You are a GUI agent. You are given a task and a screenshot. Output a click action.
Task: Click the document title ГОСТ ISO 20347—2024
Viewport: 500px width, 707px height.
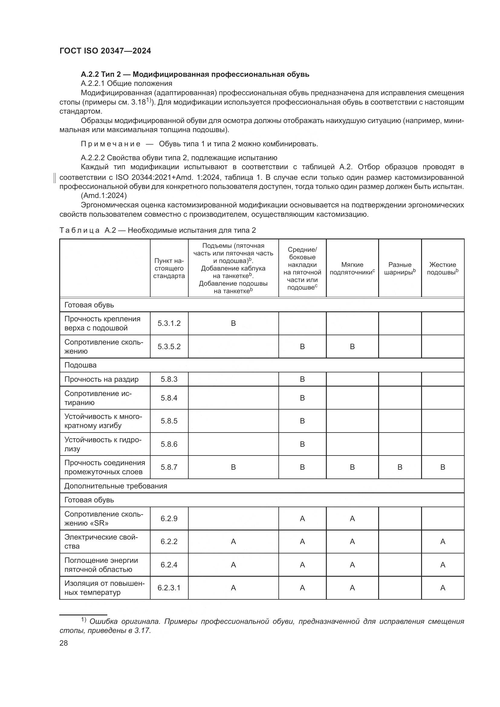point(105,51)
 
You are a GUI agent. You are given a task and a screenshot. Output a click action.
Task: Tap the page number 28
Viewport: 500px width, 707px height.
point(64,643)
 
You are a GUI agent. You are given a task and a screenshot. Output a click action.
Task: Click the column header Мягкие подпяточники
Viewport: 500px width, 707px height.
point(352,268)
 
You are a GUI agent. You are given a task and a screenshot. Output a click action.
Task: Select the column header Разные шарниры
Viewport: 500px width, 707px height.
point(400,268)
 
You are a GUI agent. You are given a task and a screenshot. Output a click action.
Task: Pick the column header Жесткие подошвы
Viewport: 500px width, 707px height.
point(443,268)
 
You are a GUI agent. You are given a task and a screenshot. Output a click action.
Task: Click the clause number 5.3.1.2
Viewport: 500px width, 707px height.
point(169,323)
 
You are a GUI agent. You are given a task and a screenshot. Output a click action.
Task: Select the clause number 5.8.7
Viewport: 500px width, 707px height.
point(169,467)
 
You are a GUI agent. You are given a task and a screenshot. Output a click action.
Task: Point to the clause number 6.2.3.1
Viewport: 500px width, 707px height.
point(169,588)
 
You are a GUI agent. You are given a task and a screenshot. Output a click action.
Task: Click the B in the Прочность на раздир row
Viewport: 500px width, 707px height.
point(302,379)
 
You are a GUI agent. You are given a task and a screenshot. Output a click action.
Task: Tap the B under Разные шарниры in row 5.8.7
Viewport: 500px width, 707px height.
point(400,467)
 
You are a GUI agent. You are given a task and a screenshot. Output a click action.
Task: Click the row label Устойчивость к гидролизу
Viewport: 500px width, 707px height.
point(103,444)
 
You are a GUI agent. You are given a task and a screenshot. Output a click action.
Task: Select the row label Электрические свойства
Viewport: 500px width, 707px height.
point(101,542)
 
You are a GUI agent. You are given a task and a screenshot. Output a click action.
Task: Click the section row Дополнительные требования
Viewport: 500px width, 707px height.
point(115,486)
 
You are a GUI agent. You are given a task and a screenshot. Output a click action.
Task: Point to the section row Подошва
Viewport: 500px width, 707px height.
point(80,365)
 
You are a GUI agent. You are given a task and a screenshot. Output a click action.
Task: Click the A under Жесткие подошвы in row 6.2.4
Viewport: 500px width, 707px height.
point(443,565)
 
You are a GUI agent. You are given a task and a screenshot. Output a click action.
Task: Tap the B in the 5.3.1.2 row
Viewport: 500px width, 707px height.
point(233,323)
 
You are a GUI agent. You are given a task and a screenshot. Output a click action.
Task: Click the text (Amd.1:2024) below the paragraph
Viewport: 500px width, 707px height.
point(104,196)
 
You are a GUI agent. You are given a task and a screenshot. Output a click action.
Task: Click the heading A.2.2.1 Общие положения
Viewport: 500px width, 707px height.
point(126,83)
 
